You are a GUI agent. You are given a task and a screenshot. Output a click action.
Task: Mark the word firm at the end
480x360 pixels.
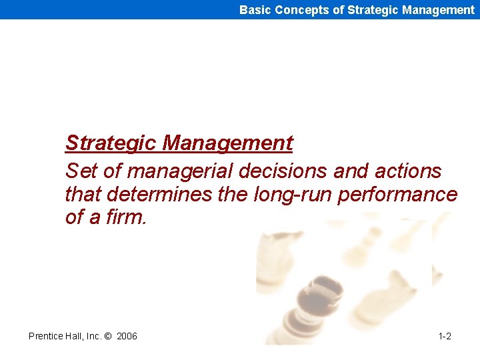(123, 217)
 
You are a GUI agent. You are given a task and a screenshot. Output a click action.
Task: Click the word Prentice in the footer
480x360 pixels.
(46, 336)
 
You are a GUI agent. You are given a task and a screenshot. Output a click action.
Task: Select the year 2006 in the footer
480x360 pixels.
(127, 336)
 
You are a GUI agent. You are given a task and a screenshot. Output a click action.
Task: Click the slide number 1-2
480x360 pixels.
(445, 336)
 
